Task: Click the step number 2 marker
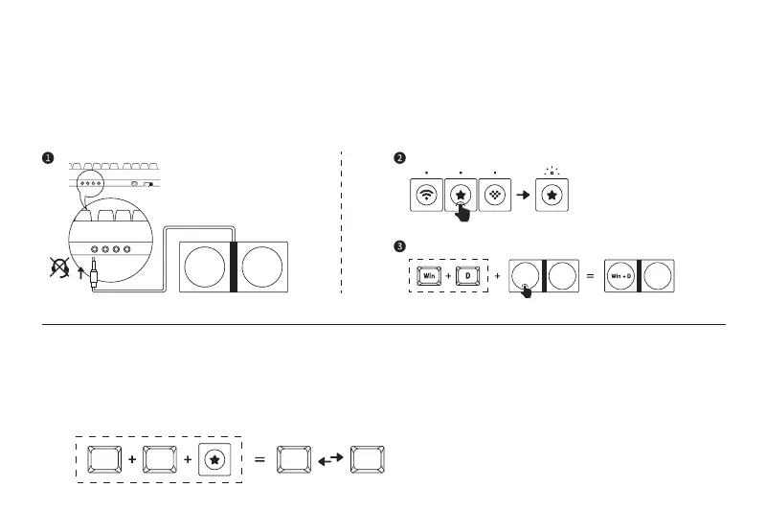click(400, 158)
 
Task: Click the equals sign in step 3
click(590, 276)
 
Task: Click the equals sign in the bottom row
click(259, 460)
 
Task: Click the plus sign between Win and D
click(448, 276)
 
